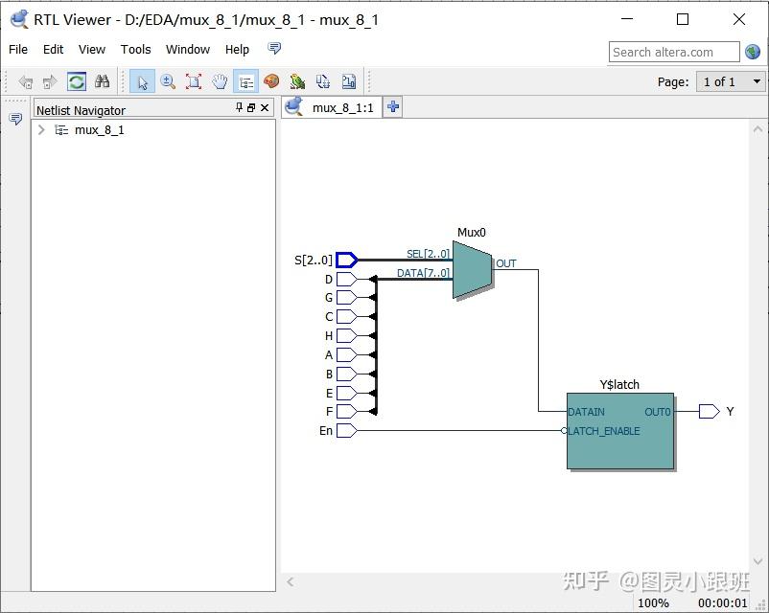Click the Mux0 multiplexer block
click(472, 269)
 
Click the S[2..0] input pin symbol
click(346, 260)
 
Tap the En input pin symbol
click(346, 431)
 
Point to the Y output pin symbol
click(709, 412)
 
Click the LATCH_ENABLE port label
click(604, 431)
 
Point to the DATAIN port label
click(587, 412)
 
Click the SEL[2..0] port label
click(428, 254)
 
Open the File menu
click(18, 49)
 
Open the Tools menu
click(135, 49)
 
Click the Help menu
click(237, 49)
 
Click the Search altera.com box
click(673, 52)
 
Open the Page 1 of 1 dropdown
click(730, 81)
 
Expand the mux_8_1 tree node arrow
click(41, 130)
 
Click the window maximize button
click(683, 19)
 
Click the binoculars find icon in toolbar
click(102, 81)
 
